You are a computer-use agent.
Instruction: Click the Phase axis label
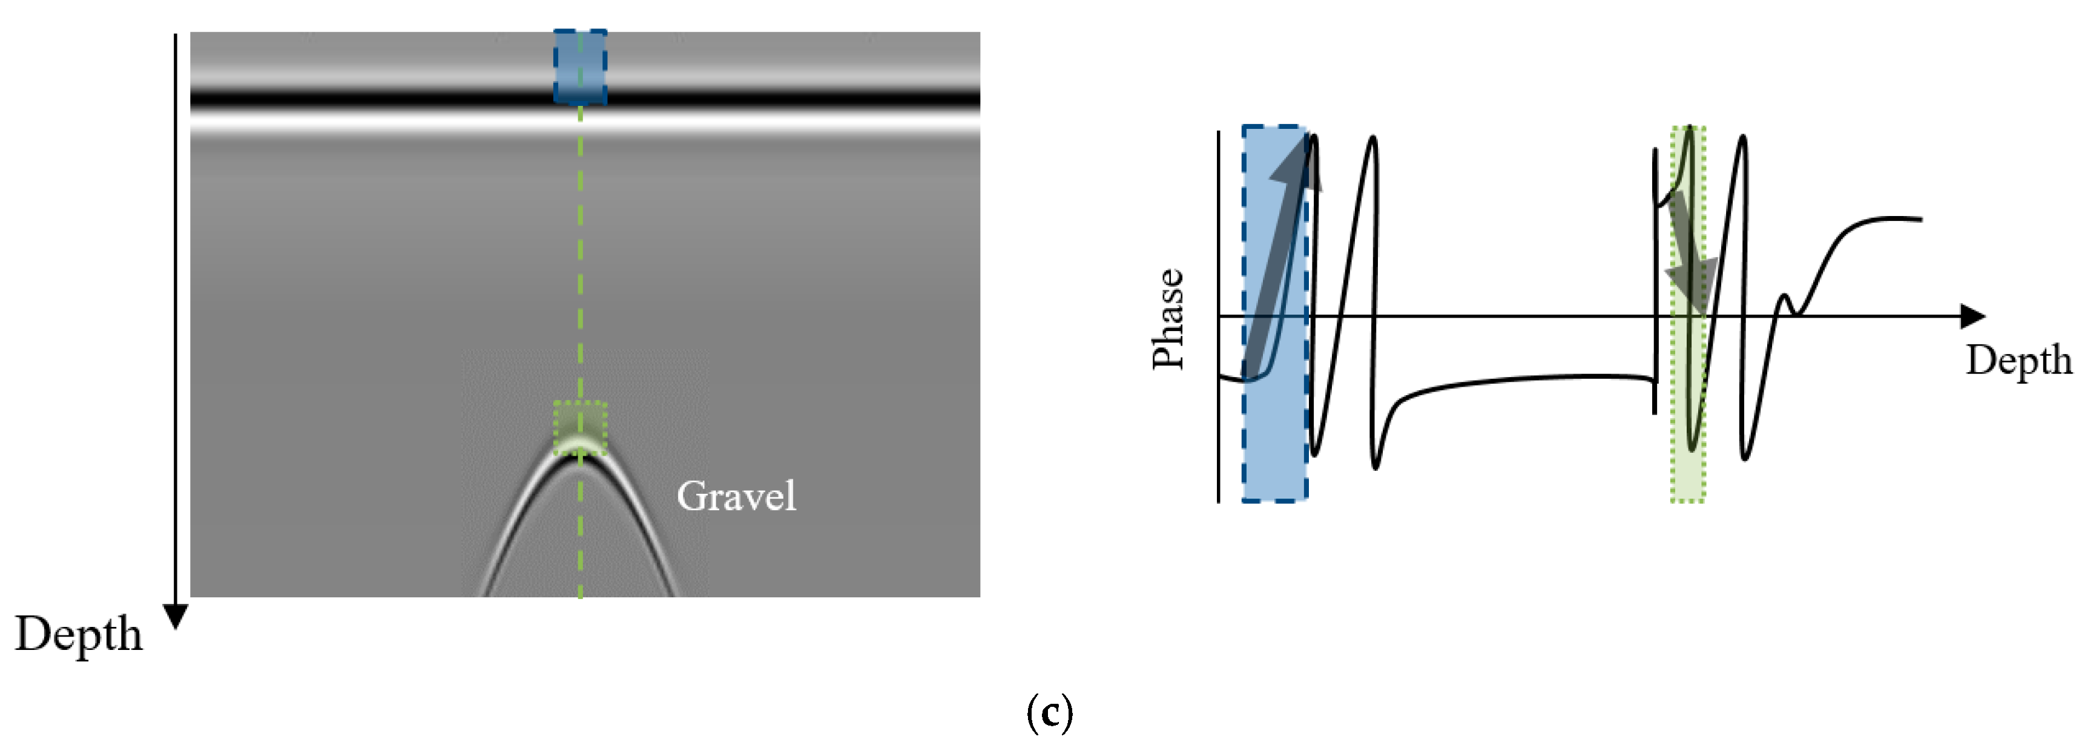(x=1168, y=319)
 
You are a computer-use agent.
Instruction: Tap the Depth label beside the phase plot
(x=2018, y=360)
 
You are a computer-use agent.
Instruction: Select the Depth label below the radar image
(x=78, y=634)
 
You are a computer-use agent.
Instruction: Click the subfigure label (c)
(x=1049, y=712)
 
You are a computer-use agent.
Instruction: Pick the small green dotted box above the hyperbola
(x=579, y=427)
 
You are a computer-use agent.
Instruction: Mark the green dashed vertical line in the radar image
(x=580, y=283)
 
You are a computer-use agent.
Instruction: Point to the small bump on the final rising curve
(x=1785, y=302)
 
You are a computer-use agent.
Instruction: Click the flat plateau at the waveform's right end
(x=1888, y=218)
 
